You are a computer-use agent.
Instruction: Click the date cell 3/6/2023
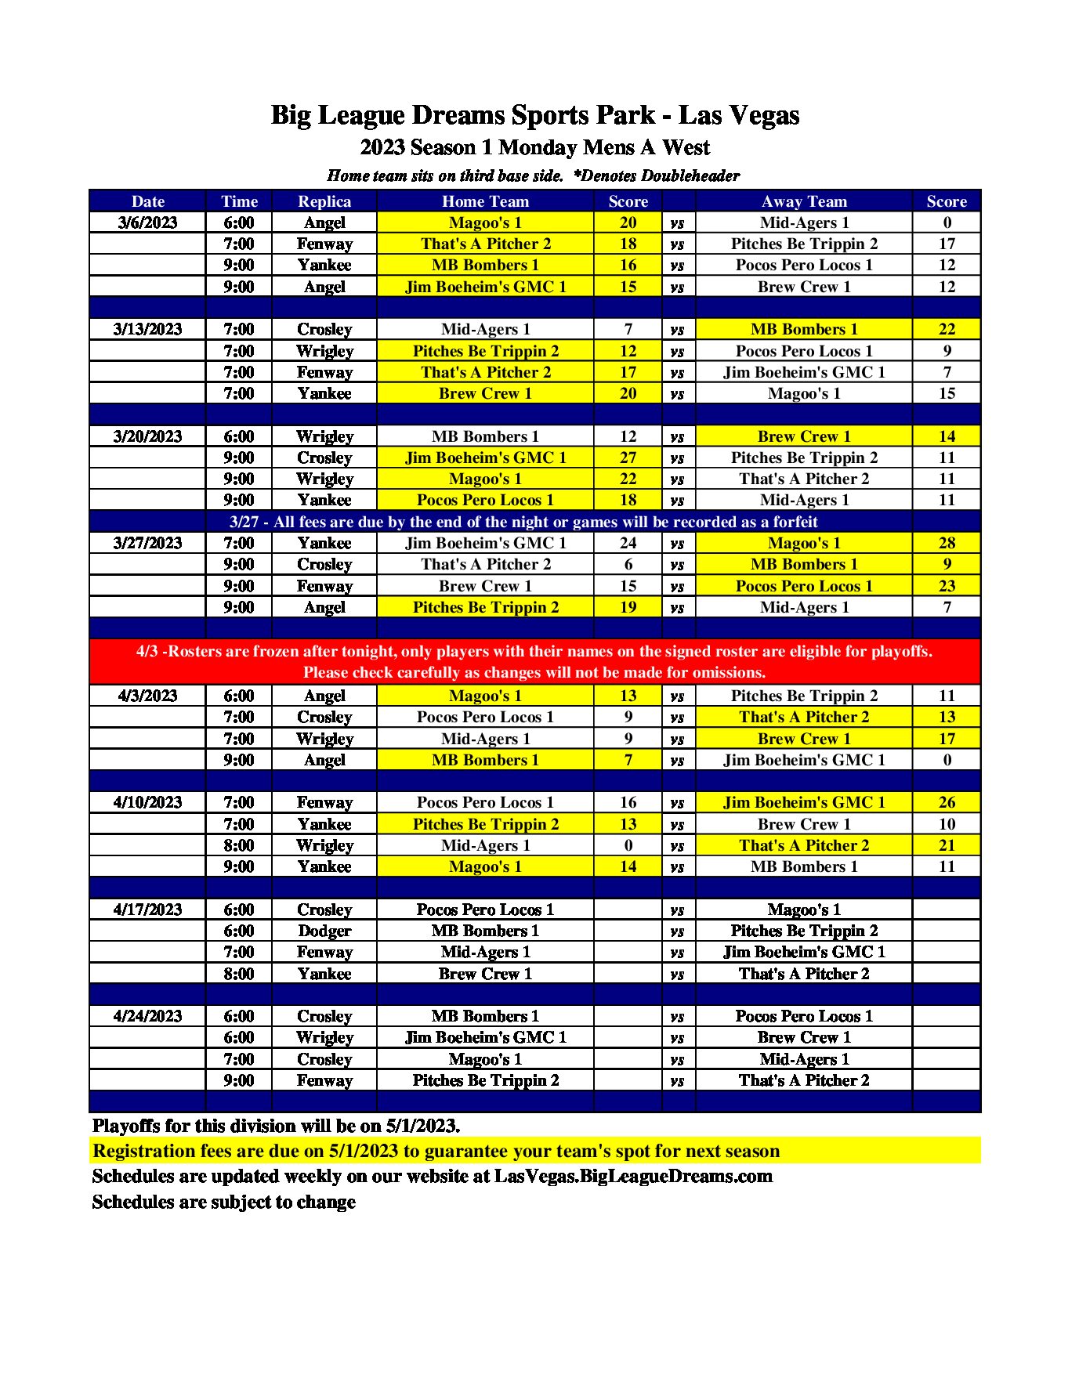(x=147, y=222)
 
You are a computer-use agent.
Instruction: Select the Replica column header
(x=324, y=201)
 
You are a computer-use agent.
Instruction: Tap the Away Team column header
(x=804, y=201)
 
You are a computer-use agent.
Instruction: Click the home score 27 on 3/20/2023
(x=628, y=457)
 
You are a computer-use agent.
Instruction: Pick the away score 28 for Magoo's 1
(x=947, y=543)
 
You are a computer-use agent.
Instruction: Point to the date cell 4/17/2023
(x=147, y=910)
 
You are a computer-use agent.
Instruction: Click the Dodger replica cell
(x=324, y=931)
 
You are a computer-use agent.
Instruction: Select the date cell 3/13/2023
(x=147, y=329)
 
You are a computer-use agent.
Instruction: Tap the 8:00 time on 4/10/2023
(x=238, y=845)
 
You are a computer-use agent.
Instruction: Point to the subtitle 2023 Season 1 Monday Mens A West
(x=534, y=147)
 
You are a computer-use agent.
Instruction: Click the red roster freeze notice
(x=534, y=662)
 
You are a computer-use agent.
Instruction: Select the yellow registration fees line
(x=436, y=1151)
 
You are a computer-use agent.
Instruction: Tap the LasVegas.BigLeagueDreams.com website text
(x=633, y=1176)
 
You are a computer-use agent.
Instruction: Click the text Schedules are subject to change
(x=223, y=1202)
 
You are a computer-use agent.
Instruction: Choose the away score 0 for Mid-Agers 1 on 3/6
(x=947, y=222)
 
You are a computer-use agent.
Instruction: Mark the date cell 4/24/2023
(x=147, y=1016)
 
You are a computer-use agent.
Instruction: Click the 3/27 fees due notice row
(x=523, y=522)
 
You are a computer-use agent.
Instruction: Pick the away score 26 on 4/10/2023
(x=947, y=802)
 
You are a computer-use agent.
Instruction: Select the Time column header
(x=238, y=201)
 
